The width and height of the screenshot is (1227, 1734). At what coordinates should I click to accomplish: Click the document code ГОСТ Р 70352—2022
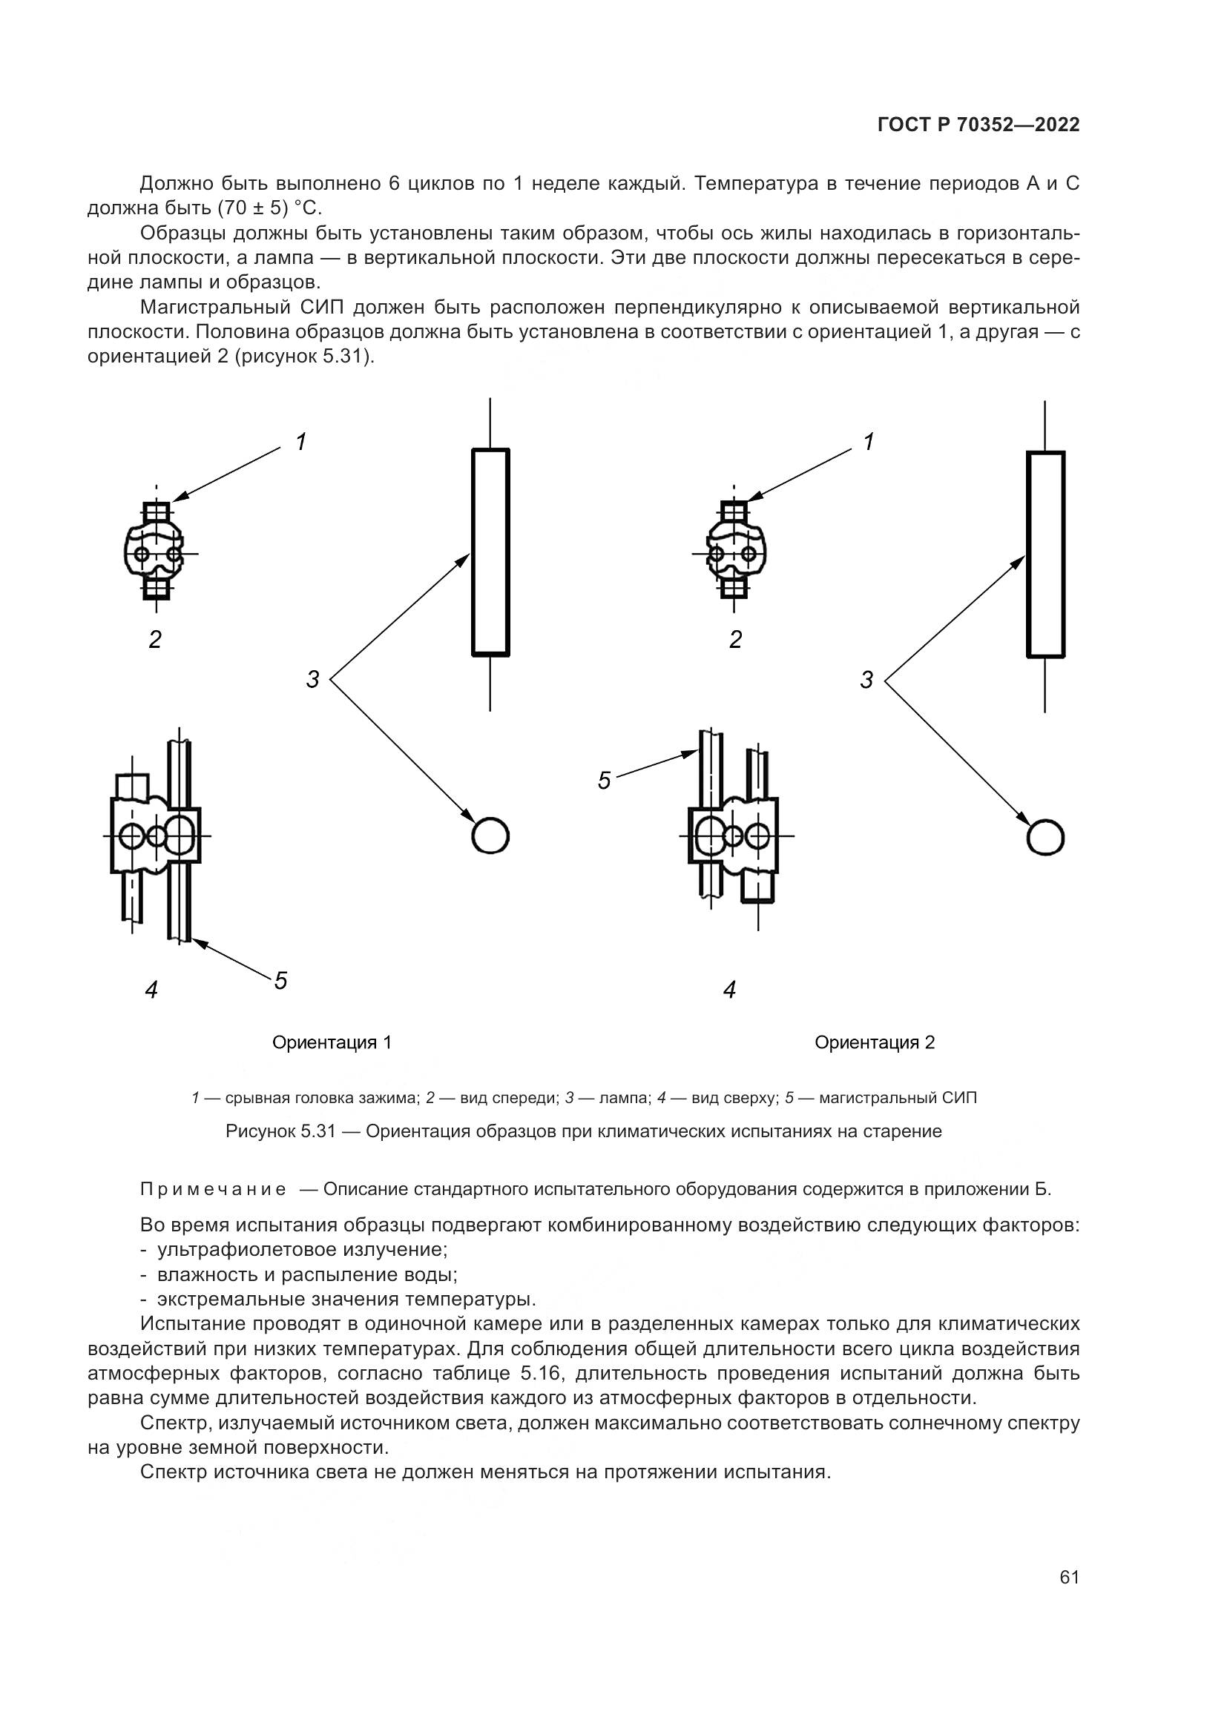[x=978, y=125]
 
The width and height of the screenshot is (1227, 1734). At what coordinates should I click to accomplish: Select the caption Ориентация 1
[x=332, y=1043]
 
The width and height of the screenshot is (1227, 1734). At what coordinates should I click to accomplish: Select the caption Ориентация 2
[x=874, y=1043]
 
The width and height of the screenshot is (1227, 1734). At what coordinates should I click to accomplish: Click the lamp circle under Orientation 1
[x=490, y=836]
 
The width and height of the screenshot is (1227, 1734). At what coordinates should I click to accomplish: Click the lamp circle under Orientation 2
[x=1045, y=838]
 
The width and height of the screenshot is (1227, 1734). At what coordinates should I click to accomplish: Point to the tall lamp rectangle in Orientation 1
[x=490, y=552]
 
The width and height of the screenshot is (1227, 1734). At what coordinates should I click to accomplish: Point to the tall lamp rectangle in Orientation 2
[x=1046, y=554]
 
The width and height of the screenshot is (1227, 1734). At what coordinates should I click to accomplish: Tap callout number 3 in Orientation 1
[x=313, y=679]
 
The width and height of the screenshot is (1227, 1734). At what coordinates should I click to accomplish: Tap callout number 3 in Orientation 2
[x=866, y=681]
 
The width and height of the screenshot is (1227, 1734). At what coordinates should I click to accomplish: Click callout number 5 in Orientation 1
[x=281, y=981]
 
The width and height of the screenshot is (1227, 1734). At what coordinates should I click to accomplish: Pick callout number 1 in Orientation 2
[x=869, y=442]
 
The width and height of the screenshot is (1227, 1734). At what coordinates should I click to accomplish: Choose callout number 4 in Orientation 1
[x=152, y=990]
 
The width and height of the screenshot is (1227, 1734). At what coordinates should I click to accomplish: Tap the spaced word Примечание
[x=214, y=1189]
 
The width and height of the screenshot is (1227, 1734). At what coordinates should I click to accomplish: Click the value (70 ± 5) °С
[x=270, y=208]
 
